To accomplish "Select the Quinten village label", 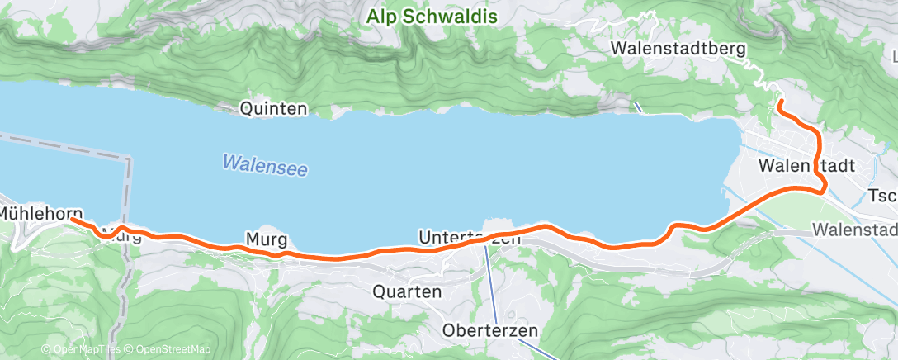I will pos(273,108).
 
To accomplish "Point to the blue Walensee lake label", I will pos(264,164).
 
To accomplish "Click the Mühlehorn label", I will pos(40,213).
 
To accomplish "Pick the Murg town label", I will pos(266,240).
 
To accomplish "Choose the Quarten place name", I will pos(407,291).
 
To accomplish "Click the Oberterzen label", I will pos(490,331).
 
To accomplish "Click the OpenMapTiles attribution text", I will pos(80,350).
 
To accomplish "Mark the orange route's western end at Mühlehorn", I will pos(73,220).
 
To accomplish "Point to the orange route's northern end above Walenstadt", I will pos(778,103).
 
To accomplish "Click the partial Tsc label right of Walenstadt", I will pos(882,197).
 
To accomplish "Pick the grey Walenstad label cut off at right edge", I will pos(853,228).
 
